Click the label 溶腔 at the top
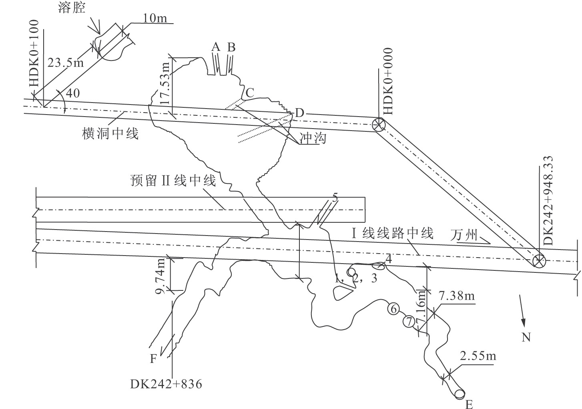(72, 7)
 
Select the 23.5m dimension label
(65, 63)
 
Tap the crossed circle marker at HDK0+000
(378, 125)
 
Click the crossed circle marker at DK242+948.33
(539, 262)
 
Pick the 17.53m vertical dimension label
(163, 85)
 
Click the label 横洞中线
(110, 133)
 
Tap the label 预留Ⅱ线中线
(173, 181)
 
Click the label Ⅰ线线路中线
(392, 233)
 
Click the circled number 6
(393, 309)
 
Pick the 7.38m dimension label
(456, 297)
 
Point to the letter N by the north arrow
(526, 337)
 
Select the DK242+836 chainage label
(166, 385)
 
